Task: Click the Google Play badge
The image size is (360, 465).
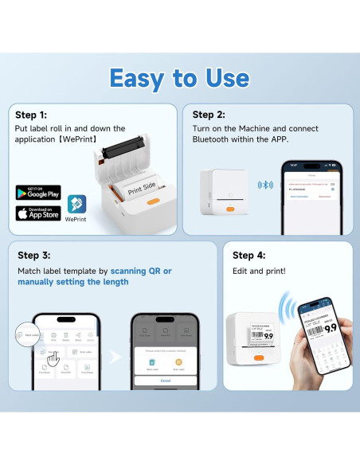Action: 38,193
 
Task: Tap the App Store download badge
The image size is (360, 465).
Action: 38,213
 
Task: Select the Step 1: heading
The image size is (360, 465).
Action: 32,115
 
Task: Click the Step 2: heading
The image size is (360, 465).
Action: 209,115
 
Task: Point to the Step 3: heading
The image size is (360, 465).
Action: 35,256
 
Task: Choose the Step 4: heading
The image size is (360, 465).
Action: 248,256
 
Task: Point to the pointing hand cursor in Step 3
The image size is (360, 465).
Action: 53,361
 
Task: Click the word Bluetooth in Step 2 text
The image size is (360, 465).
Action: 212,140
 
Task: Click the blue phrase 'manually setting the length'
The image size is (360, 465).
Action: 71,282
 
